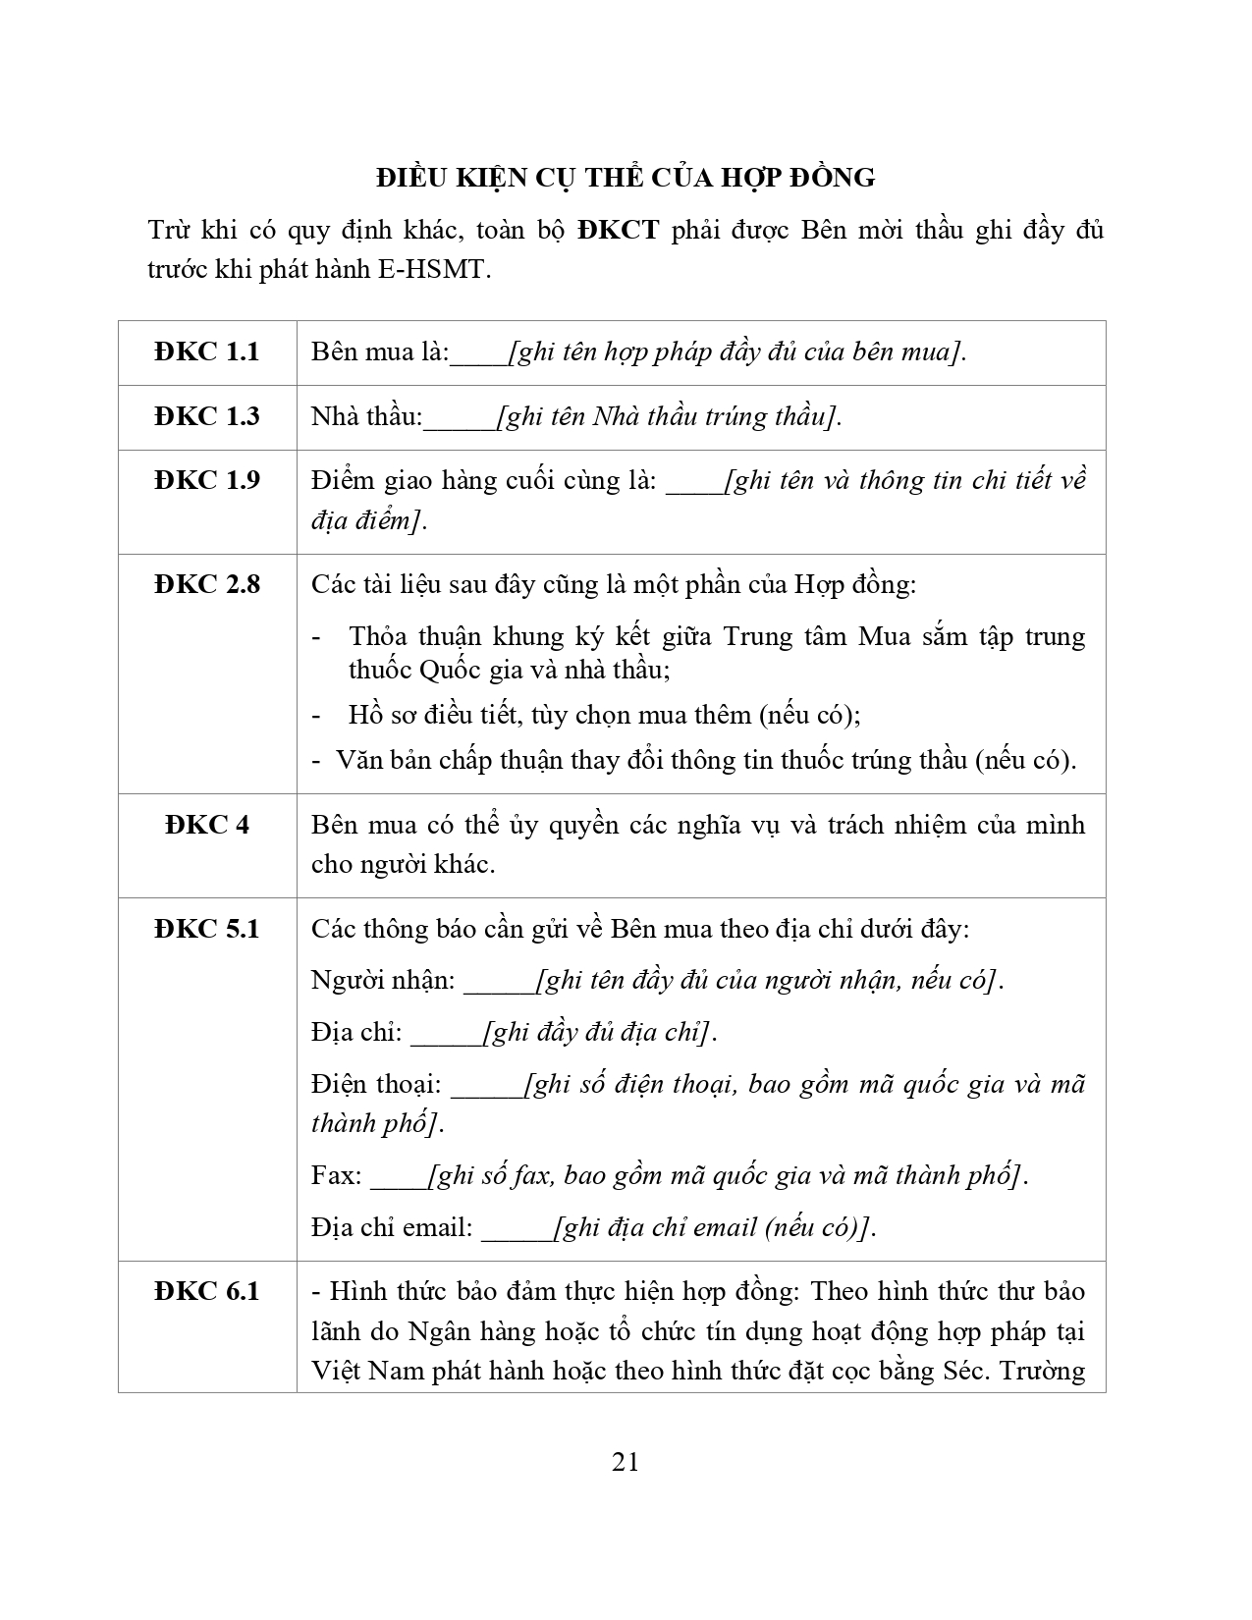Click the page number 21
point(626,1462)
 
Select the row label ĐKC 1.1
point(207,351)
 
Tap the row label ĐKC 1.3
point(207,416)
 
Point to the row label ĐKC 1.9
point(207,480)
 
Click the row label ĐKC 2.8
point(207,584)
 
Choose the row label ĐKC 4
point(207,825)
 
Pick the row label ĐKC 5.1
point(207,929)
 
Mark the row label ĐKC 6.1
point(207,1291)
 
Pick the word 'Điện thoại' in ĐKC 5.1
point(375,1085)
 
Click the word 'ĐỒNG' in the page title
point(831,178)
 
